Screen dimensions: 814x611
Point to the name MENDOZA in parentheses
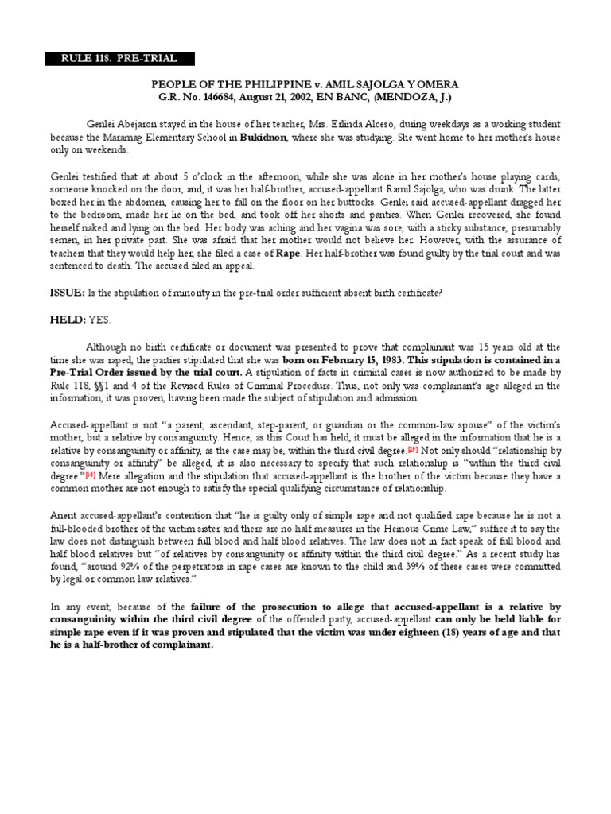(x=428, y=97)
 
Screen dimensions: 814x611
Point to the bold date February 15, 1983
(x=341, y=360)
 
